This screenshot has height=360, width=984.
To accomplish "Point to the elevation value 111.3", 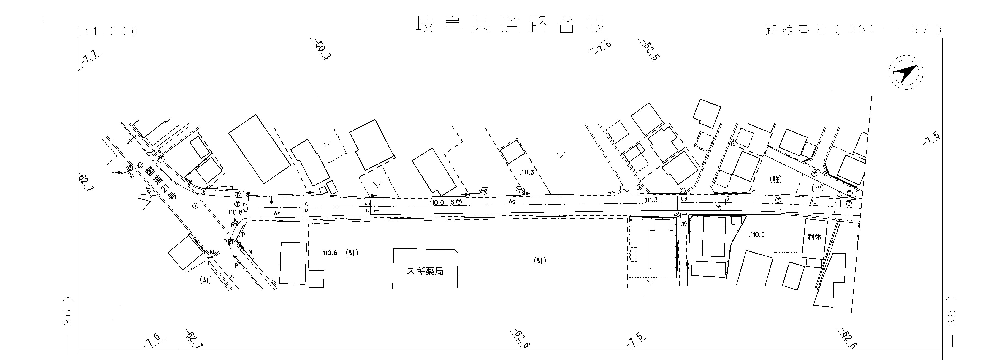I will (651, 200).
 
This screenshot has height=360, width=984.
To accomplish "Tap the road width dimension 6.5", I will (306, 207).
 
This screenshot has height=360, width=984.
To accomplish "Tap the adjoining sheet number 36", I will (67, 317).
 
